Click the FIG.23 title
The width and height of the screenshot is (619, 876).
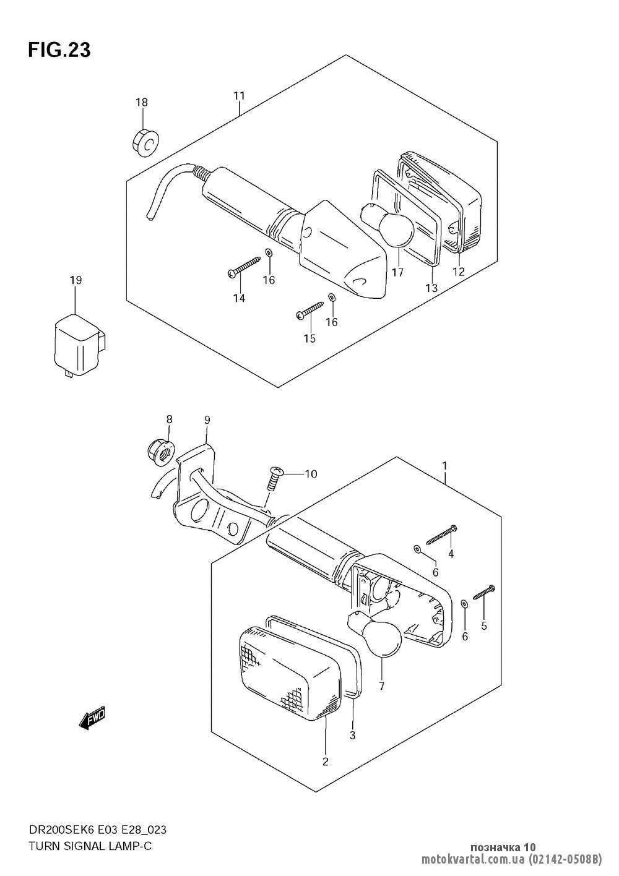pyautogui.click(x=59, y=50)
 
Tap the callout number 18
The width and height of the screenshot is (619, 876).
pyautogui.click(x=142, y=101)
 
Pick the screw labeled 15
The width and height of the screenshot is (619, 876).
pyautogui.click(x=310, y=310)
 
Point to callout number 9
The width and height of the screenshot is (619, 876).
pyautogui.click(x=207, y=420)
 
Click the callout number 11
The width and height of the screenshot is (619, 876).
pyautogui.click(x=239, y=95)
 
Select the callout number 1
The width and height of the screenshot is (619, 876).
pyautogui.click(x=445, y=465)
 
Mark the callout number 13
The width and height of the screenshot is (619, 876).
pyautogui.click(x=431, y=288)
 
